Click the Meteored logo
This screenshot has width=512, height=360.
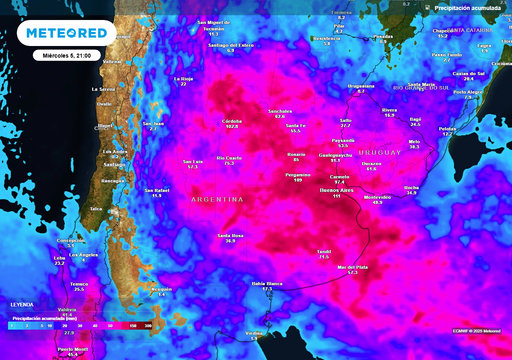(x=67, y=33)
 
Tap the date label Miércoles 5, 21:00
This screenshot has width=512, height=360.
(x=67, y=56)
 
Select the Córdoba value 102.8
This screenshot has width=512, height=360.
(x=232, y=126)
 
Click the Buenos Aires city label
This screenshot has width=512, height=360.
(x=336, y=190)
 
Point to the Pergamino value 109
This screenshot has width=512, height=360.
(x=298, y=180)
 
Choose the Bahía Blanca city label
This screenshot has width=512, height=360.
(x=267, y=284)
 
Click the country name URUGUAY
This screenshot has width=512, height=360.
(x=380, y=153)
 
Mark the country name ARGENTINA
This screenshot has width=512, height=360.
(x=217, y=199)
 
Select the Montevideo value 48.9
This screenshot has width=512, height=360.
(x=377, y=203)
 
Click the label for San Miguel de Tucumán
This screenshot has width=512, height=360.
(x=214, y=25)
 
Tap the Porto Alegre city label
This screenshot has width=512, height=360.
(x=468, y=92)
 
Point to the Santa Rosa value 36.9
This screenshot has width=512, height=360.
(x=230, y=241)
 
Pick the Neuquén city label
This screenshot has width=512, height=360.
(x=161, y=289)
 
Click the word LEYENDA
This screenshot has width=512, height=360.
(x=22, y=304)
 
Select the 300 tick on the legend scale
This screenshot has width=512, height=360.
(x=148, y=326)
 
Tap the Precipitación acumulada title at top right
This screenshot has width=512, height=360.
(x=467, y=8)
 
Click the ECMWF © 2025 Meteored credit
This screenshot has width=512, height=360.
(x=477, y=331)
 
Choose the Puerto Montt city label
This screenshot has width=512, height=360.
(x=72, y=349)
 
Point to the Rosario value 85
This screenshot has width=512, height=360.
(x=296, y=160)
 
